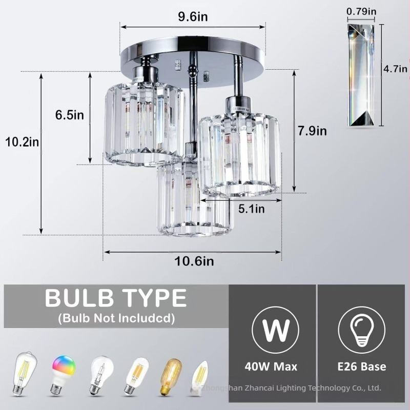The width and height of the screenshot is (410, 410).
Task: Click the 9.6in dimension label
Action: coord(193,17)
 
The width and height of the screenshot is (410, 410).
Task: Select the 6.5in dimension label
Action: coord(69,114)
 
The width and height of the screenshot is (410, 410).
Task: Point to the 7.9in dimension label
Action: coord(312,131)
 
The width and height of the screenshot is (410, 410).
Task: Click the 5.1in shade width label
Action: coord(252,209)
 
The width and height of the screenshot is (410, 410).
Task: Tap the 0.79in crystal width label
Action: coord(362,10)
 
